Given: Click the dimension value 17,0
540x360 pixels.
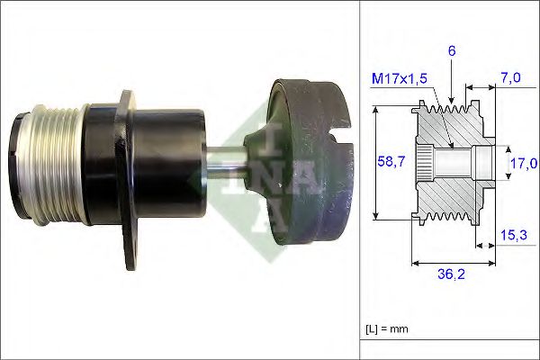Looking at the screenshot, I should click(522, 164).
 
